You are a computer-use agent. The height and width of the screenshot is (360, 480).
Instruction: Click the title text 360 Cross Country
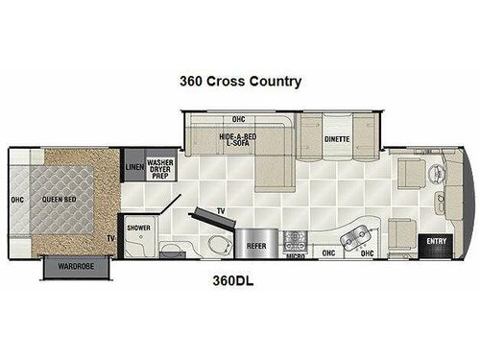(x=240, y=82)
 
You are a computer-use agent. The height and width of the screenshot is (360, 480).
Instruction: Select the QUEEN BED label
(x=59, y=200)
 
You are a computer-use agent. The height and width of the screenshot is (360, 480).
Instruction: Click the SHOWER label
(x=139, y=228)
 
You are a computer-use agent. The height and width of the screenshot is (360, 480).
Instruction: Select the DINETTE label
(x=335, y=139)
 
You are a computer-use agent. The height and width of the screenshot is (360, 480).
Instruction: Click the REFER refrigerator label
(x=256, y=244)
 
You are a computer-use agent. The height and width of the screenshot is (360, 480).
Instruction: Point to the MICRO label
(x=298, y=256)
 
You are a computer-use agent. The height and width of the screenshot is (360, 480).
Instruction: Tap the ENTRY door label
(x=437, y=240)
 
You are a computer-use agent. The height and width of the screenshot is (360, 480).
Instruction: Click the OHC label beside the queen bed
(x=14, y=200)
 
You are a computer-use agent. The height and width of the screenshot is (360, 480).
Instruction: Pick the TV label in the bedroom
(x=109, y=236)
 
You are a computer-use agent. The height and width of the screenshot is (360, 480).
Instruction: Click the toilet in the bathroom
(x=215, y=241)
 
